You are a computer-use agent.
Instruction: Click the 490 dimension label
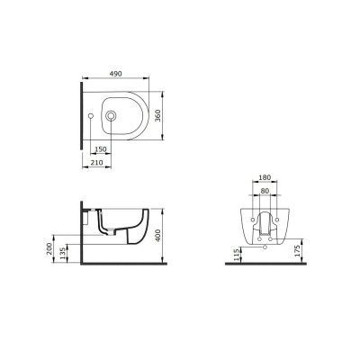tap(115, 74)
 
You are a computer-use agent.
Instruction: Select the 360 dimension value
tap(157, 115)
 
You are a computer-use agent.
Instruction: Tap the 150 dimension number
tap(101, 149)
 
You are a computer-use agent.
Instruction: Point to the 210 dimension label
tap(96, 163)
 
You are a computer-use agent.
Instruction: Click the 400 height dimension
tap(157, 235)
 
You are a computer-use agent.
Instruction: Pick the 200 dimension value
tap(49, 248)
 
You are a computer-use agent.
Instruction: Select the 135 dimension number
tap(63, 253)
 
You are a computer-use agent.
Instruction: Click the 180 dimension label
tap(265, 177)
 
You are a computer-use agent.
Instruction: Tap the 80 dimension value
tap(265, 191)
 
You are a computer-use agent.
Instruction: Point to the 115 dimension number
tap(237, 254)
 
